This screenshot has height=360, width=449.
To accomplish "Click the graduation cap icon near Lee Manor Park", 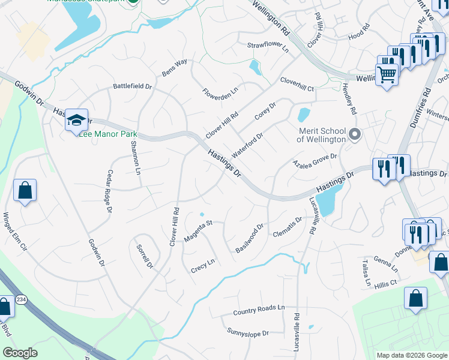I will (77, 121).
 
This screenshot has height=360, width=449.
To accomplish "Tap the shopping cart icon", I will (387, 75).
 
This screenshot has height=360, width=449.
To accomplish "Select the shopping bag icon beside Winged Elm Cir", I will (25, 191).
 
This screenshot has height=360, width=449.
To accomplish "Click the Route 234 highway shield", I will (21, 300).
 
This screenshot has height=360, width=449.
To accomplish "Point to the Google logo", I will (20, 353).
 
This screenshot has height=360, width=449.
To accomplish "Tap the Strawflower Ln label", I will (268, 46).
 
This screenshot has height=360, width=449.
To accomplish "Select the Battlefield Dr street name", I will (133, 86).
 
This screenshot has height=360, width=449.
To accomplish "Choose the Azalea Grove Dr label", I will (315, 160).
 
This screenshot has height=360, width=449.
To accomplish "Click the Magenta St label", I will (199, 231).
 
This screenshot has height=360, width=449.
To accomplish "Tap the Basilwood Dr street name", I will (250, 239).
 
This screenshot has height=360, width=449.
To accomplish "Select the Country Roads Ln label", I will (258, 309).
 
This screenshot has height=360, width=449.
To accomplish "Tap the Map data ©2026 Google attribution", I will (411, 355).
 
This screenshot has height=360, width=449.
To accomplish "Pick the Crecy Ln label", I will (202, 262).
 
